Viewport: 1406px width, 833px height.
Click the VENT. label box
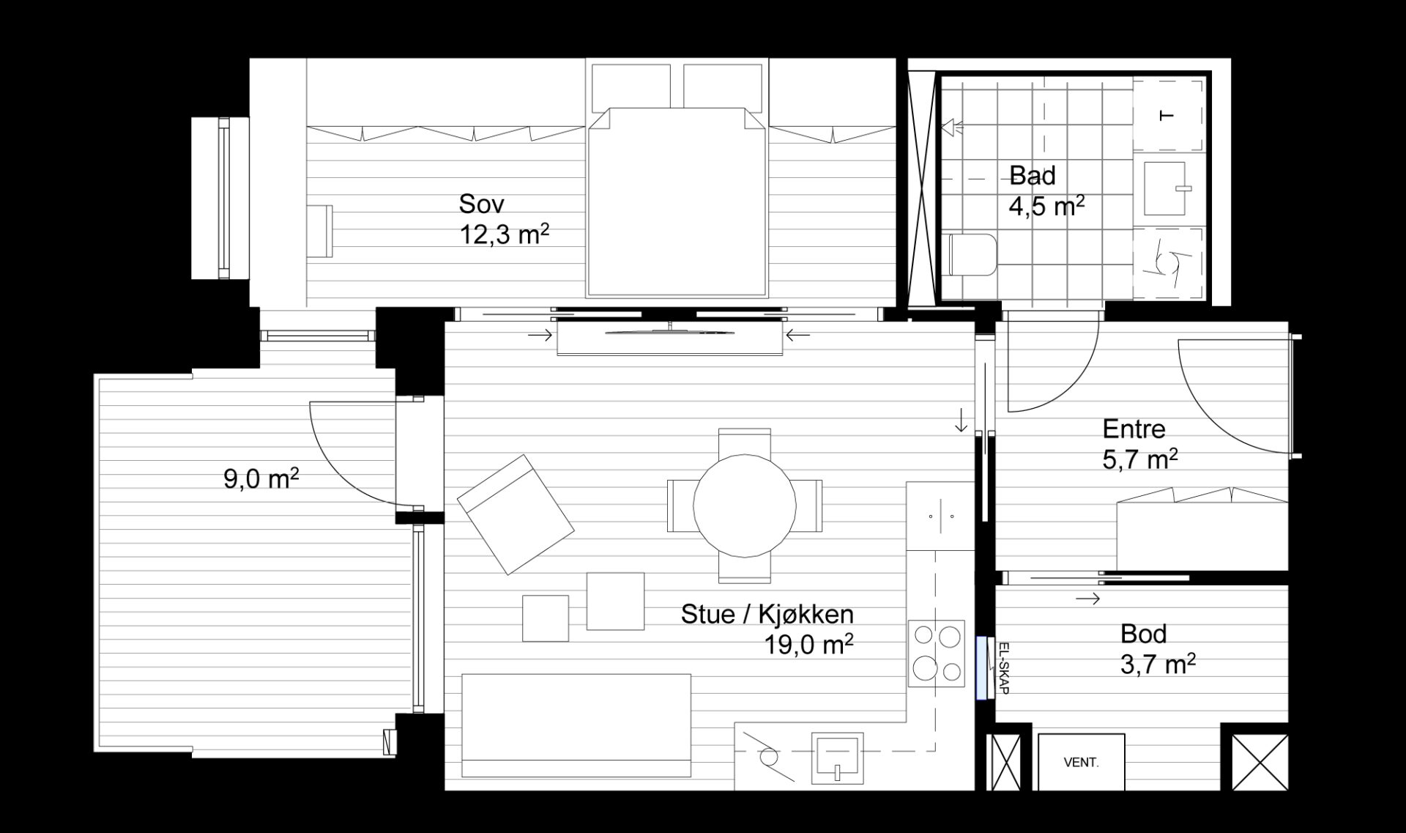tap(1081, 762)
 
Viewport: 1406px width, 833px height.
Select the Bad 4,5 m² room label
tap(1046, 191)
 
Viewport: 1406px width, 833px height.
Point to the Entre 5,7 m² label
tap(1140, 444)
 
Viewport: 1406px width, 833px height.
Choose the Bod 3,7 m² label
tap(1158, 649)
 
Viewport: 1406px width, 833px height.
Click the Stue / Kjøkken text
tap(767, 614)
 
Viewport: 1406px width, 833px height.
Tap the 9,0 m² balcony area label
tap(261, 479)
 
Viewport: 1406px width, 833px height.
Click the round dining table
tap(744, 506)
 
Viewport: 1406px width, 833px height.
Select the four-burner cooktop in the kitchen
tap(937, 654)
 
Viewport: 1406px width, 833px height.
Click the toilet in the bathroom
tap(971, 254)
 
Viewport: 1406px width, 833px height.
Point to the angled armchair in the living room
tap(515, 514)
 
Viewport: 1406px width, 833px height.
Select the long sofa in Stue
tap(576, 725)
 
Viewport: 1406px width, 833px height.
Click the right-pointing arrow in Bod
tap(1088, 599)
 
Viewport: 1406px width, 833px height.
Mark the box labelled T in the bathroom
tap(1168, 116)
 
